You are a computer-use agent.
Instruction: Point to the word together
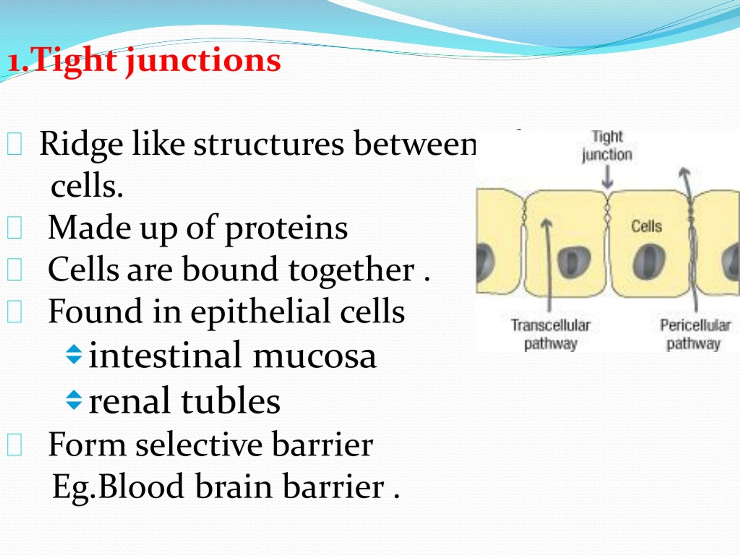(x=351, y=270)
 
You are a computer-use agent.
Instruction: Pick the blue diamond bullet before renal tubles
(x=74, y=400)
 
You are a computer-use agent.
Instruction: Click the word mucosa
(x=314, y=356)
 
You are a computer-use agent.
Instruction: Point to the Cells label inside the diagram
(x=646, y=227)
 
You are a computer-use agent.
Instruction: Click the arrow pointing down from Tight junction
(x=607, y=177)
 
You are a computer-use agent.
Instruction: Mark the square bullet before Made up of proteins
(x=14, y=228)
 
